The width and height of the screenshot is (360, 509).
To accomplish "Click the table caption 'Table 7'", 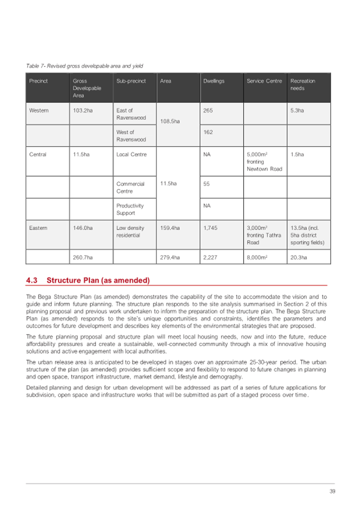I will pos(84,66).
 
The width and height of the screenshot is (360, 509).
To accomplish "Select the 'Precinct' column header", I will pos(39,81).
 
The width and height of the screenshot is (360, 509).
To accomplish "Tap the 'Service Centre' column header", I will pos(264,81).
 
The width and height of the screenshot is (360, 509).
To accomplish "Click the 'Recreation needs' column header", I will pos(302,84).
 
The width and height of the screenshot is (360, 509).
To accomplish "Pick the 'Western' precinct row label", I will pos(39,110).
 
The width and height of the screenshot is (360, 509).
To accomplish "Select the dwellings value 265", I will pos(209,110).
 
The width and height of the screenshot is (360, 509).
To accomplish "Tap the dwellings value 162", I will pos(209,132).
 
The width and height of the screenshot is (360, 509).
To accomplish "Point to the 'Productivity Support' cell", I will pos(130,209).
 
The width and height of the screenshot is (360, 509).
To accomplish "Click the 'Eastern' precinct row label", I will pos(38,228).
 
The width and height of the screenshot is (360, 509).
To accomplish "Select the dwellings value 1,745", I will pos(211,228).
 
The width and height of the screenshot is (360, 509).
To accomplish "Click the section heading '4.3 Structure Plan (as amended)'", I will pos(89,280).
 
